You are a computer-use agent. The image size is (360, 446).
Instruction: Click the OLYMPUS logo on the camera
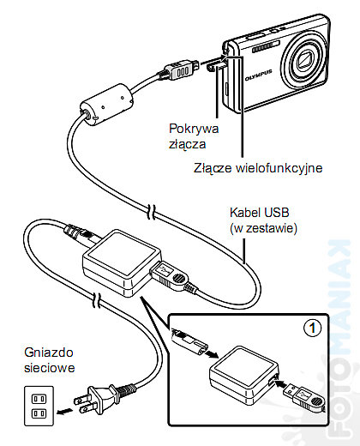coord(258,75)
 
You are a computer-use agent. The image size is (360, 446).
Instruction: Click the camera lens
coord(305,62)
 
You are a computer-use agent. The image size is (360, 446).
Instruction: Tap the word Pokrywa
coord(194,129)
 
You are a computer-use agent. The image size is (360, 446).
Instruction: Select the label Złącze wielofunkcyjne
coord(258,168)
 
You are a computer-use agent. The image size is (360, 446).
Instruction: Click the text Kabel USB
coord(260,213)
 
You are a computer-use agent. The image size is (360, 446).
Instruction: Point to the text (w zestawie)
coord(263,228)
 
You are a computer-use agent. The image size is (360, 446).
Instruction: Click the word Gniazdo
coord(49,353)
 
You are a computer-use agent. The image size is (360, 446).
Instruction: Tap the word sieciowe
coord(50,368)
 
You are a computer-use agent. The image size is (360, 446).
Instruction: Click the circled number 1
coord(312,328)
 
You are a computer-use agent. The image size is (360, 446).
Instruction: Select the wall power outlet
coord(39,406)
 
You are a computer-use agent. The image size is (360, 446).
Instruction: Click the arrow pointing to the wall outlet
coord(63,412)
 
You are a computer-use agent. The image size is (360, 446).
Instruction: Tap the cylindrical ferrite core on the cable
coord(106,105)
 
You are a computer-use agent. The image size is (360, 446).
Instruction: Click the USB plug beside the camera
coord(180,70)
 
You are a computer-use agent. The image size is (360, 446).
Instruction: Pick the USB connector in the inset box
coord(303,397)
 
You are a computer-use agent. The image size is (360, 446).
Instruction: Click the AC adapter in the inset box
coord(243,375)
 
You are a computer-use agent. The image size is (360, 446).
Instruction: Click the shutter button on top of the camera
coord(255,36)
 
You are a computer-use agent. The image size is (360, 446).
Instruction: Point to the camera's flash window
coord(266,47)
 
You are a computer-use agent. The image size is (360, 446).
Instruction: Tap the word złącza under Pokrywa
coord(187,143)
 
